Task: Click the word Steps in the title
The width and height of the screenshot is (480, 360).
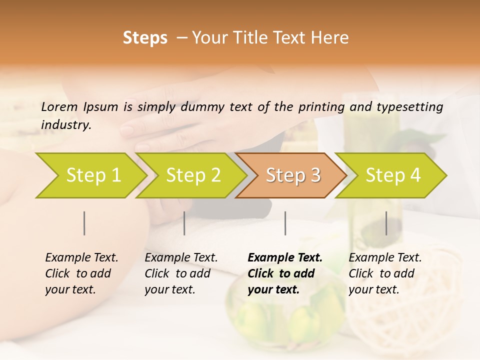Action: click(x=145, y=38)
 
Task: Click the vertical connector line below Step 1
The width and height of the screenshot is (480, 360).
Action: click(x=84, y=223)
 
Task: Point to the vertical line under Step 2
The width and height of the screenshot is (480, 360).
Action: click(x=184, y=223)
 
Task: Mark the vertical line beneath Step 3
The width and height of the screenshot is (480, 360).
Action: click(x=285, y=223)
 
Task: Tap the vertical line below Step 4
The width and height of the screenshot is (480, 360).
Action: click(x=386, y=223)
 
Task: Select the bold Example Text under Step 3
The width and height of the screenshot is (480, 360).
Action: click(x=285, y=273)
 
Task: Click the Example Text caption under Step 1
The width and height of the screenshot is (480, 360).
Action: click(x=81, y=273)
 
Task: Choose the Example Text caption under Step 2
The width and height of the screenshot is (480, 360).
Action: click(x=181, y=273)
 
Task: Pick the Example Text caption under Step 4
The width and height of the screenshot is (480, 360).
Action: click(x=385, y=273)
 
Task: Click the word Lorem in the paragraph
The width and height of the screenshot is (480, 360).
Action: click(x=59, y=107)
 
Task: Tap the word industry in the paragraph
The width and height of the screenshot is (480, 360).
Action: click(x=65, y=125)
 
